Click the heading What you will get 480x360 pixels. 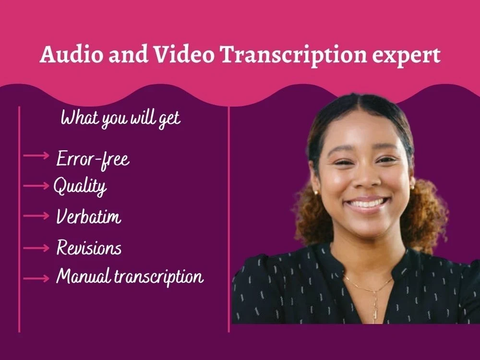point(120,118)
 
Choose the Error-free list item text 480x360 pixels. point(93,158)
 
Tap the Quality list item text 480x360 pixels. point(80,186)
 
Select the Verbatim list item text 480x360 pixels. point(89,217)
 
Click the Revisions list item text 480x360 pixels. point(89,248)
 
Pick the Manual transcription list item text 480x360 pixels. point(130,276)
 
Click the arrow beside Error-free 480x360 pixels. point(36,156)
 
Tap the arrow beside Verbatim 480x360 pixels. point(36,216)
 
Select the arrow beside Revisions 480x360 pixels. point(36,248)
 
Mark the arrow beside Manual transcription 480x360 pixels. point(36,277)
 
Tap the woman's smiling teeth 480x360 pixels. point(366,204)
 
